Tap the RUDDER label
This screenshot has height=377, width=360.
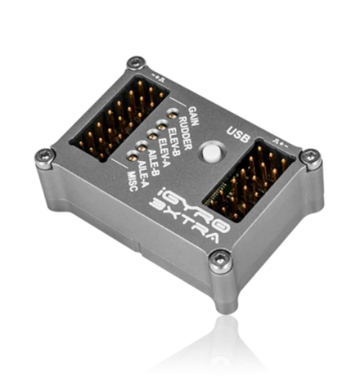pos(182,124)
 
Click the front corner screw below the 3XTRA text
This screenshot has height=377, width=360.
pos(218,260)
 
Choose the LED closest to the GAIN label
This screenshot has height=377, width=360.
pos(172,113)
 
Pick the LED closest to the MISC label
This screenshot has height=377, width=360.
pos(133,155)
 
